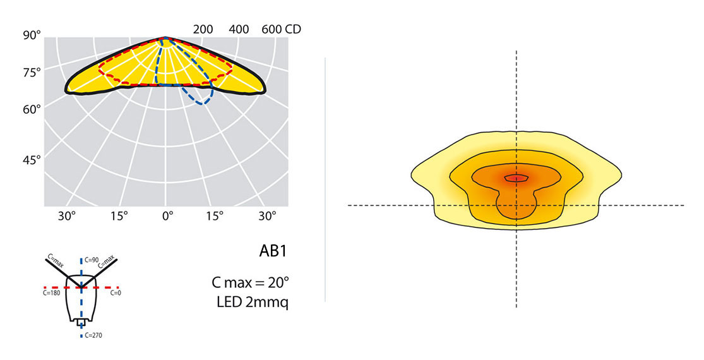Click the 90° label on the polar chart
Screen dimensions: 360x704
point(32,35)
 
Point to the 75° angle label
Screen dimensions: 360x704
point(32,72)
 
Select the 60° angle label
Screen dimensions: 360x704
point(32,109)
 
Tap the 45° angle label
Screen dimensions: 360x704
point(32,160)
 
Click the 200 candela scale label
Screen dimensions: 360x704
point(203,29)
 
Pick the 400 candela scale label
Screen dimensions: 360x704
point(240,29)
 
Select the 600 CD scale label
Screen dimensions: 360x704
point(280,29)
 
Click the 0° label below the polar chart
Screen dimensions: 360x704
point(167,216)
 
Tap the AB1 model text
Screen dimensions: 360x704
point(273,251)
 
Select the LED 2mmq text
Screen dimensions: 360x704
point(253,302)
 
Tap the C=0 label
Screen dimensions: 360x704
point(116,294)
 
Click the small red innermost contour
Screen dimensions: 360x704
point(516,178)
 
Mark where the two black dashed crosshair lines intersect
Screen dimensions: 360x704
point(516,205)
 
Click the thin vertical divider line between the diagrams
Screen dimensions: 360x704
point(325,180)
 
